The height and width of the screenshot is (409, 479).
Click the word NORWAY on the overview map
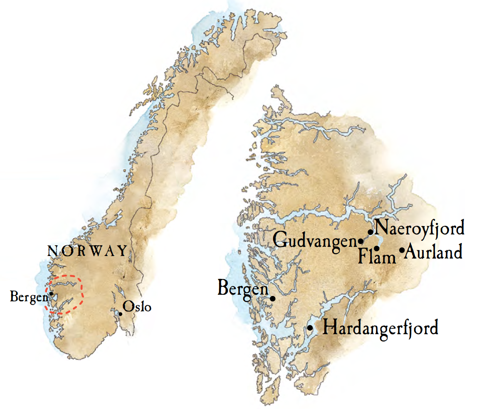click(88, 251)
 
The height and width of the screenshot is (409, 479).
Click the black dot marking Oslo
click(121, 314)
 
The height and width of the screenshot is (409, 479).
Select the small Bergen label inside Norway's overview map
click(29, 297)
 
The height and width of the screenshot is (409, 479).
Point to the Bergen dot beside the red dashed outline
click(51, 293)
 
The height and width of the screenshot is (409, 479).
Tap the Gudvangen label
click(316, 241)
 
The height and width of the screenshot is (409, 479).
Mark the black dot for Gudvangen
click(360, 241)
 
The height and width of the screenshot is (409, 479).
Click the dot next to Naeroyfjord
click(370, 232)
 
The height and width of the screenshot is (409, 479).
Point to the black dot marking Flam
click(377, 248)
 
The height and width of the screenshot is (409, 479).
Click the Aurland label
click(433, 252)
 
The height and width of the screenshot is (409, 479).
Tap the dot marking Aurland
click(402, 250)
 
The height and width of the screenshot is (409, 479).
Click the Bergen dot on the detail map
click(273, 298)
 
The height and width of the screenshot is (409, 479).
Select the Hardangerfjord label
click(380, 328)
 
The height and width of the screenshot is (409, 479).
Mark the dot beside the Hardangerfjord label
click(310, 328)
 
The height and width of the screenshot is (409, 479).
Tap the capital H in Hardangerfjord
click(329, 328)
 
